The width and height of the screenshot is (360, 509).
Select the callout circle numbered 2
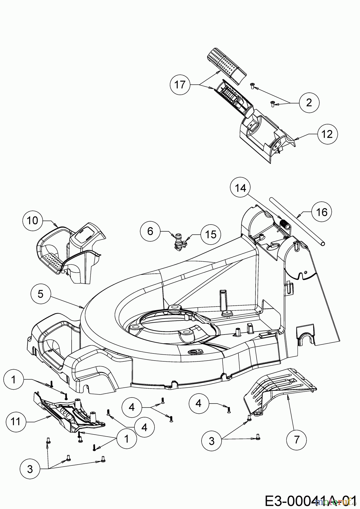(x=309, y=102)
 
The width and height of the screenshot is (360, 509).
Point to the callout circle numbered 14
(x=240, y=188)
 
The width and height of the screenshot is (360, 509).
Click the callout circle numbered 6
(x=150, y=231)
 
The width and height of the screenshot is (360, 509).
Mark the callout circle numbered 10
(x=33, y=220)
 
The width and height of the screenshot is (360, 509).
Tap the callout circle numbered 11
(x=16, y=422)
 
